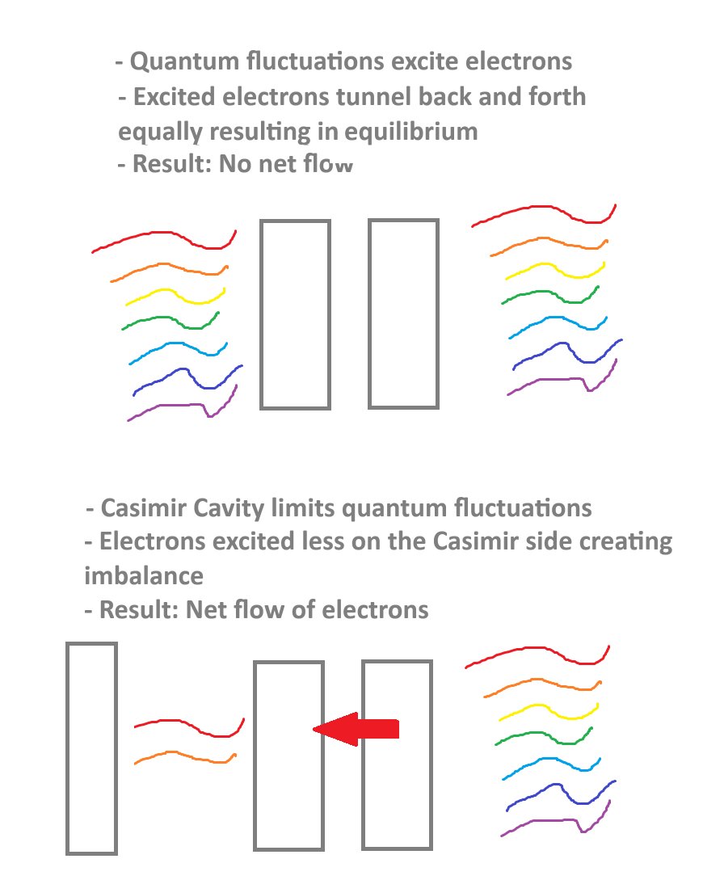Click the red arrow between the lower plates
(x=356, y=729)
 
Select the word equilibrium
(x=411, y=133)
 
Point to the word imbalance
(x=144, y=576)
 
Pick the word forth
(x=558, y=96)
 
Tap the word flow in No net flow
(x=328, y=164)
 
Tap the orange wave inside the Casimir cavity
(x=185, y=756)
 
